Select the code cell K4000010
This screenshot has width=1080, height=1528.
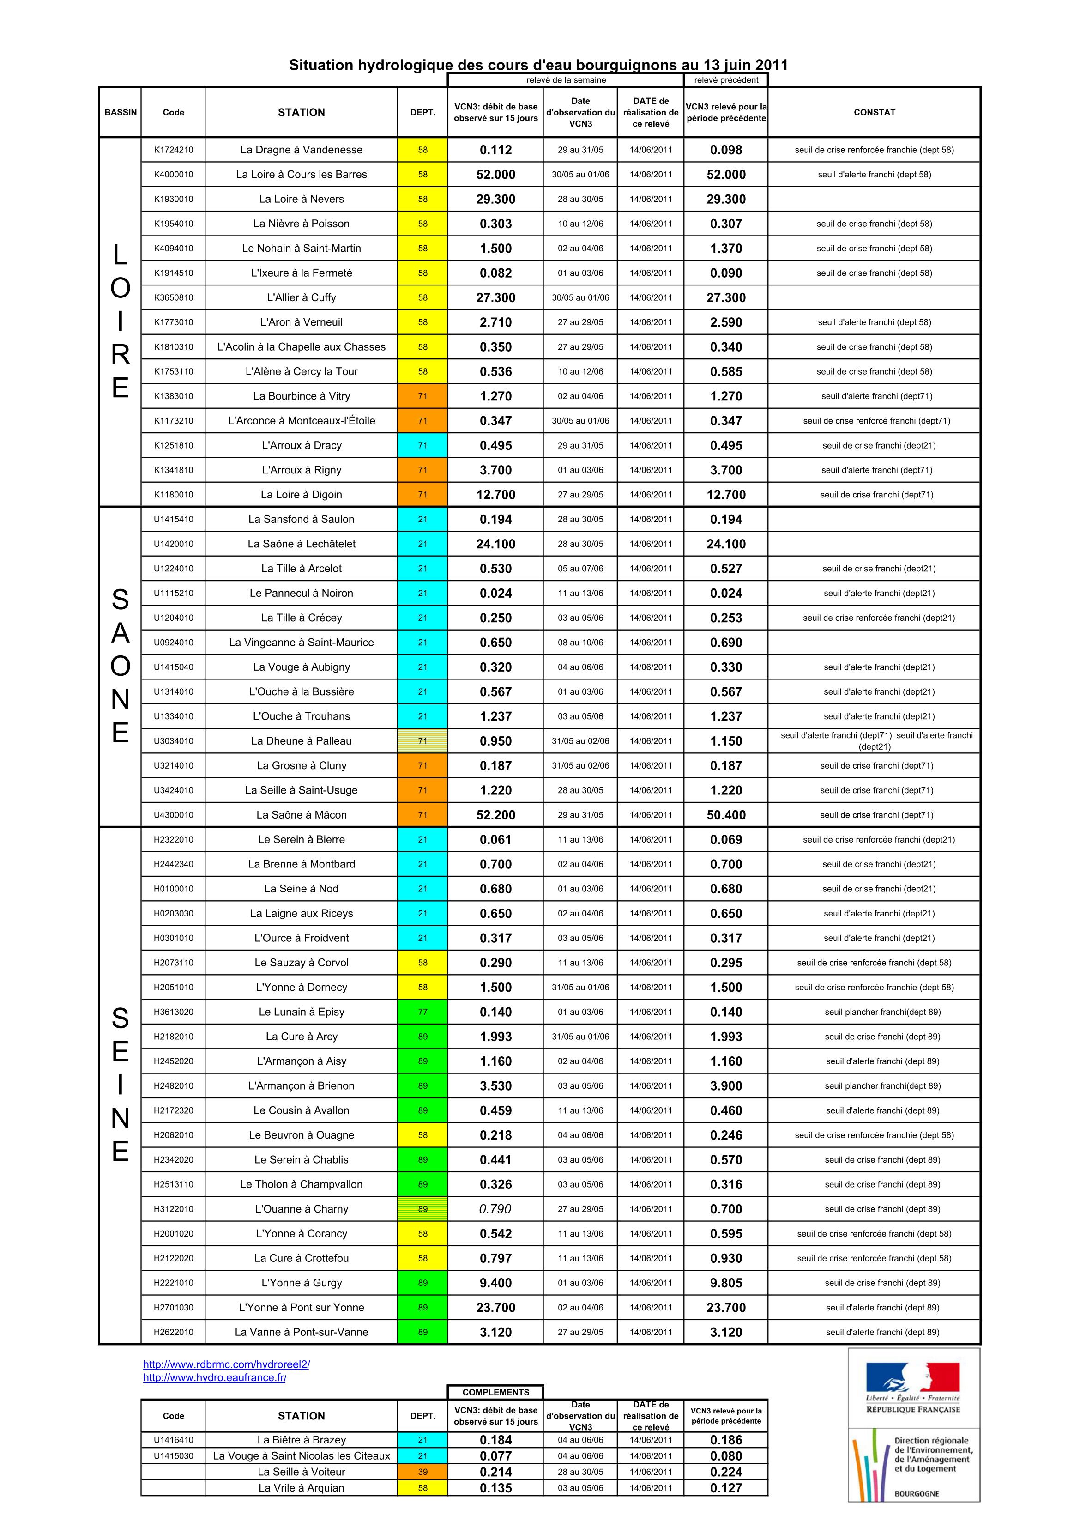click(x=173, y=174)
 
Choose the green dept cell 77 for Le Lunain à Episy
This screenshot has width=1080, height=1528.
click(x=422, y=1012)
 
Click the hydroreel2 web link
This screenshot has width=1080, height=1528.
click(x=226, y=1364)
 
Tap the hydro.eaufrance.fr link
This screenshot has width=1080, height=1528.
click(x=214, y=1377)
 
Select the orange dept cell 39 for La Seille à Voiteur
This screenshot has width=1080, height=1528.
click(x=422, y=1472)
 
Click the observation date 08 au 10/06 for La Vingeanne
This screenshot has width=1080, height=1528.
click(x=580, y=642)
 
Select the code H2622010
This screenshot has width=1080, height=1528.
click(x=173, y=1332)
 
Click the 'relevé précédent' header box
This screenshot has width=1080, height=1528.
click(x=725, y=80)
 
